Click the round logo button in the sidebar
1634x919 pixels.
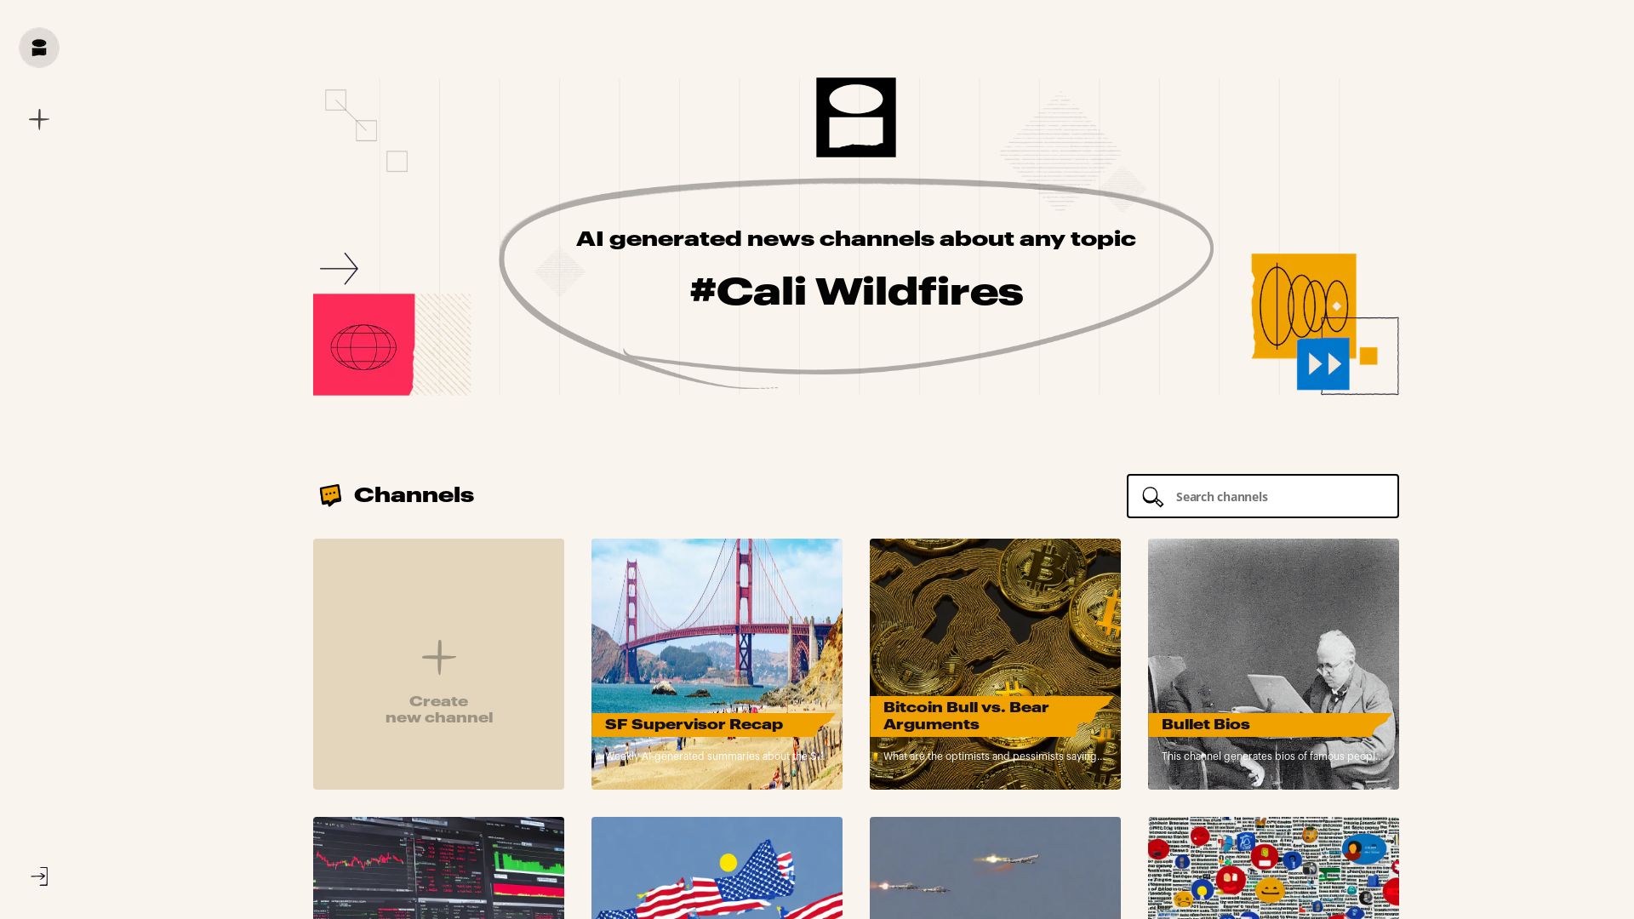pyautogui.click(x=39, y=48)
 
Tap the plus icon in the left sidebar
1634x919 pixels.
pyautogui.click(x=39, y=119)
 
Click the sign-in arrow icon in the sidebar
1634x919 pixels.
pyautogui.click(x=39, y=876)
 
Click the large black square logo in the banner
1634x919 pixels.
pyautogui.click(x=855, y=117)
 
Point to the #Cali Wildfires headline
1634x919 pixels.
pyautogui.click(x=855, y=292)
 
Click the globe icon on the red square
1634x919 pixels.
pyautogui.click(x=363, y=346)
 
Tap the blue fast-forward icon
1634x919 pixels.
pyautogui.click(x=1323, y=364)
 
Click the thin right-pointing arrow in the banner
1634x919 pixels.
pyautogui.click(x=339, y=268)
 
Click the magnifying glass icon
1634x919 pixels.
pyautogui.click(x=1152, y=497)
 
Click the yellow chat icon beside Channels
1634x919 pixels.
pyautogui.click(x=330, y=495)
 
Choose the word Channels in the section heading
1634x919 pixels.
pyautogui.click(x=414, y=495)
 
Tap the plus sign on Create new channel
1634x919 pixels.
pyautogui.click(x=438, y=657)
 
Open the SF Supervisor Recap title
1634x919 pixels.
pyautogui.click(x=694, y=725)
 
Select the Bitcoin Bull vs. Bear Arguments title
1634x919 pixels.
pyautogui.click(x=965, y=716)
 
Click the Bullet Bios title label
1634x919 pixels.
pyautogui.click(x=1205, y=725)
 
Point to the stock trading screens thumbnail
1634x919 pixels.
pyautogui.click(x=438, y=868)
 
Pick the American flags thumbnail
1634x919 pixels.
pyautogui.click(x=717, y=876)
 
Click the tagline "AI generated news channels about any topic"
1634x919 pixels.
pyautogui.click(x=855, y=239)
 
